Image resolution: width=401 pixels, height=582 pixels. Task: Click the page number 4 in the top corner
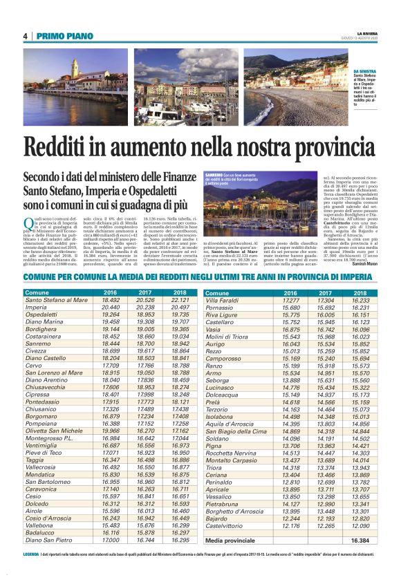(25, 37)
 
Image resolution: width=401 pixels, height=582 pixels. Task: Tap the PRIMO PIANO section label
(61, 37)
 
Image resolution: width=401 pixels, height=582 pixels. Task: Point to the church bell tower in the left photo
(74, 67)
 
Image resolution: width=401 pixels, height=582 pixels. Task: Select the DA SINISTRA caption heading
(364, 72)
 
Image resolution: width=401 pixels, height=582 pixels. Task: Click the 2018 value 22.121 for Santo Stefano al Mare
(179, 301)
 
